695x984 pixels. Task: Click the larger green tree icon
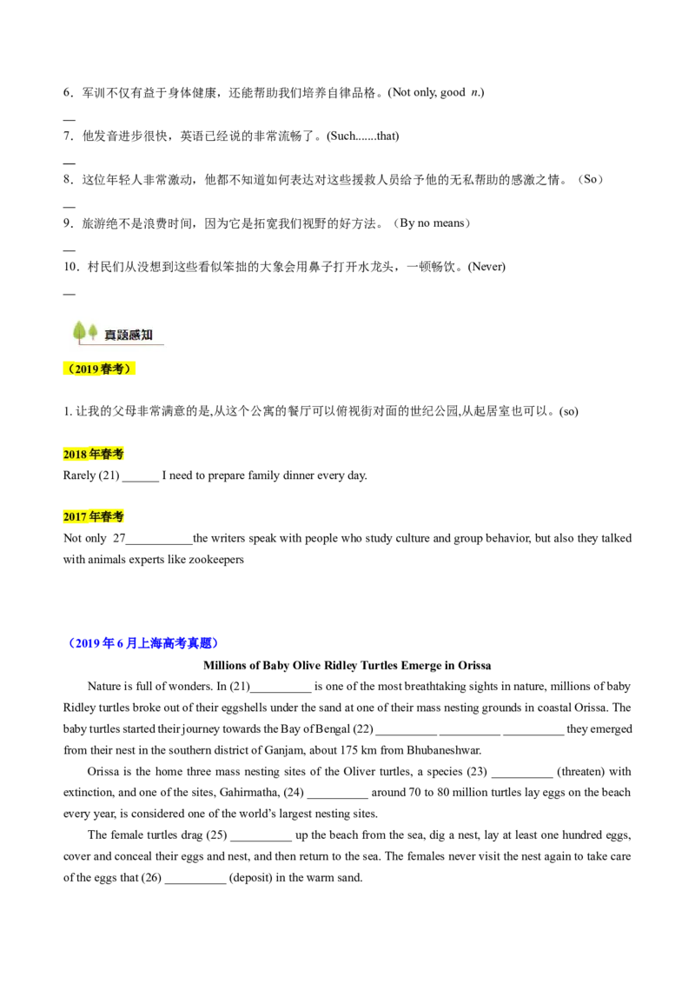pos(79,331)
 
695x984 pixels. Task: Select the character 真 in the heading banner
pos(110,335)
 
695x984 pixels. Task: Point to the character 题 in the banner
pos(122,335)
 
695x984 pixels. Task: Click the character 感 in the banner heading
pos(135,335)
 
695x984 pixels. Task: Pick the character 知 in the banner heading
pos(147,335)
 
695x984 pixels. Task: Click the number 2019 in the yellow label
pos(87,369)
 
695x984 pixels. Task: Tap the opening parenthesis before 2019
pos(69,369)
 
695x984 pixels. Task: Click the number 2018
pos(75,455)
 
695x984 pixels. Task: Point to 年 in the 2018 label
pos(94,455)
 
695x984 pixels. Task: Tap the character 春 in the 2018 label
pos(106,455)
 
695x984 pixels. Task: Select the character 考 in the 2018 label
pos(118,455)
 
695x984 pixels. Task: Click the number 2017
pos(75,517)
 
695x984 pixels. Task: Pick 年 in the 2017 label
pos(94,517)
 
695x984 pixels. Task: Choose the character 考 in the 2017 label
pos(118,517)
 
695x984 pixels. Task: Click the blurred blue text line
pos(144,644)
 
